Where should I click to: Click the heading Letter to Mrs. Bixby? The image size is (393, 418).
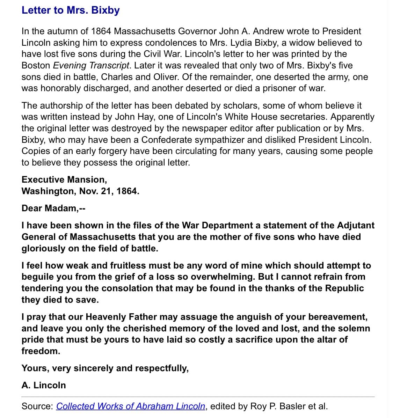click(71, 10)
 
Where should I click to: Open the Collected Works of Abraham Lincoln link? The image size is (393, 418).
click(131, 406)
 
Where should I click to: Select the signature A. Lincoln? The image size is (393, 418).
click(44, 385)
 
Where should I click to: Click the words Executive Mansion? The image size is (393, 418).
click(64, 179)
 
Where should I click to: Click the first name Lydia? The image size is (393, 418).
click(241, 43)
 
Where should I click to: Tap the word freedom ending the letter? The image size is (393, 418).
click(41, 351)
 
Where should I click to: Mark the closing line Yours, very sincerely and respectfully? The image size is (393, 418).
click(105, 368)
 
